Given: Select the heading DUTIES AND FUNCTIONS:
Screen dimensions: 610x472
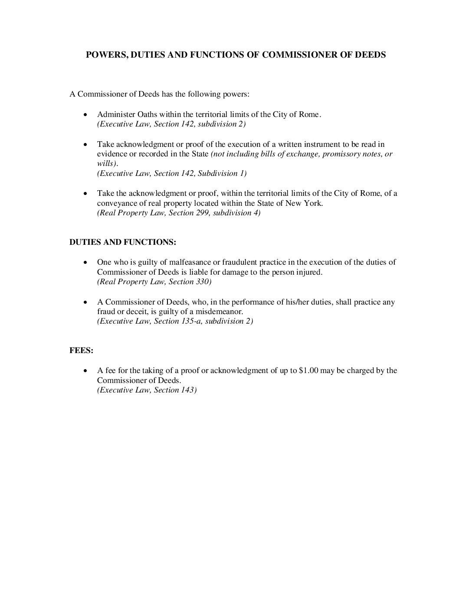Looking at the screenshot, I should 123,242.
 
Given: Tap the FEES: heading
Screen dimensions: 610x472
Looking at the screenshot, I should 82,350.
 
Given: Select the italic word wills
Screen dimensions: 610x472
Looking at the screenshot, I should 105,164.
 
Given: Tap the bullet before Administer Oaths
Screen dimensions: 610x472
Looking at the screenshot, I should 86,115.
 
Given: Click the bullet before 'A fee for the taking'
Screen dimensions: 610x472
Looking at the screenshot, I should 86,371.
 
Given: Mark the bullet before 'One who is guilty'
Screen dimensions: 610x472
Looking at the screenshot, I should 86,263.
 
